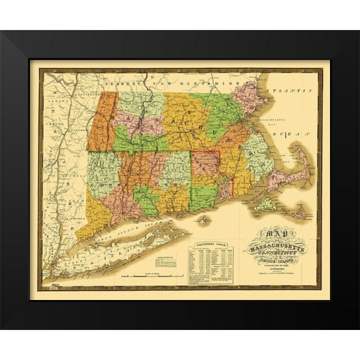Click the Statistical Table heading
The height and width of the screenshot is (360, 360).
209,244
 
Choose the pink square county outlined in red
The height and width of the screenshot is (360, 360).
206,169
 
